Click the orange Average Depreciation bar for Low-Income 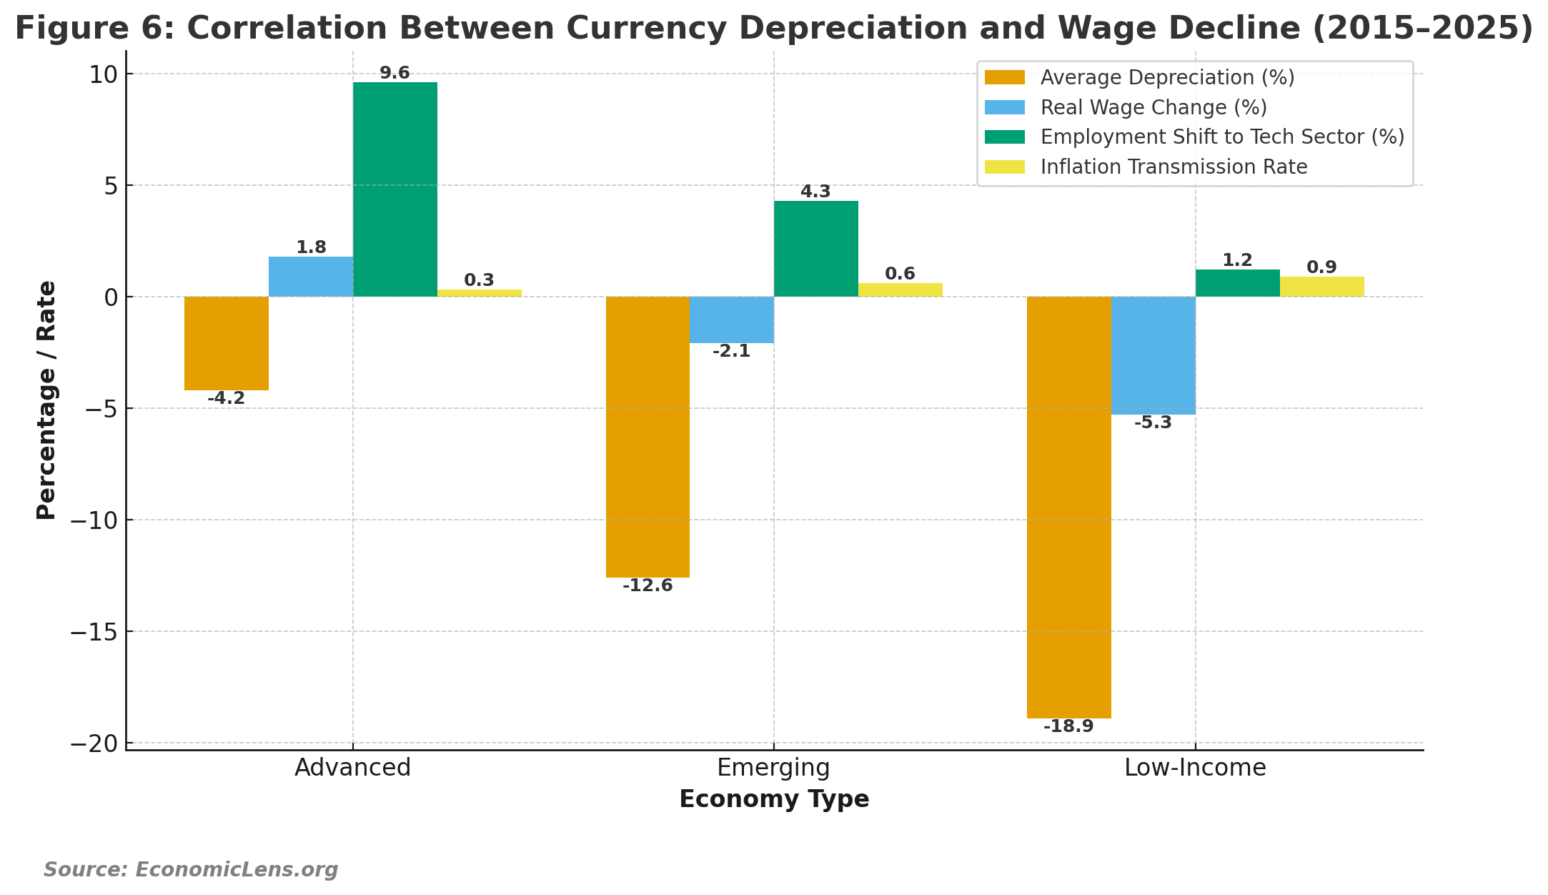coord(1068,508)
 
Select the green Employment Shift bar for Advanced coord(395,189)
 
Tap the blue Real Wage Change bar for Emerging coord(732,320)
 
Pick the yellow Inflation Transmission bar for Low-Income coord(1321,287)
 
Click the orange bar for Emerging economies coord(648,437)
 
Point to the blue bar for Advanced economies coord(310,277)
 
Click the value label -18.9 coord(1068,726)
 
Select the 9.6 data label coord(395,73)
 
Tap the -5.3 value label coord(1153,422)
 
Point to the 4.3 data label coord(815,192)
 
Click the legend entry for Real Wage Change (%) coord(1153,107)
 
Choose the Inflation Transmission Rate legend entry coord(1174,167)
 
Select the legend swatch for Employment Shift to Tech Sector coord(1004,137)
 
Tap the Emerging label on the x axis coord(773,767)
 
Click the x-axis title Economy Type coord(773,798)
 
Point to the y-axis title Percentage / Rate coord(46,400)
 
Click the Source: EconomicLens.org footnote coord(191,869)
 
